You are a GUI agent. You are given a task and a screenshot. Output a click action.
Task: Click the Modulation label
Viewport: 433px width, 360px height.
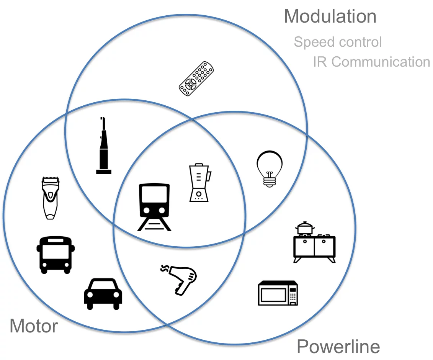330,16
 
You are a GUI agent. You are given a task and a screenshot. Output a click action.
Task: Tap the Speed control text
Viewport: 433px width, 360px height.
338,42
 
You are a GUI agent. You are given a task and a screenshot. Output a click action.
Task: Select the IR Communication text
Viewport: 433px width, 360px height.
371,62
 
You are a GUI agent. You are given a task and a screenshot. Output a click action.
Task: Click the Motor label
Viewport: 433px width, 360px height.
34,326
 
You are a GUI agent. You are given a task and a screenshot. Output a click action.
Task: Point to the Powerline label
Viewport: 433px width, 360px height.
338,347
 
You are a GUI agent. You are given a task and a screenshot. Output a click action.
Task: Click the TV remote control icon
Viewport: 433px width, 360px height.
196,79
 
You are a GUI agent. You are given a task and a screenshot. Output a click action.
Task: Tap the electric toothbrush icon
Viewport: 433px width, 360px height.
103,147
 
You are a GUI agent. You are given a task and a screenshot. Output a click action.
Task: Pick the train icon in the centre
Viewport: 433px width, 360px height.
154,205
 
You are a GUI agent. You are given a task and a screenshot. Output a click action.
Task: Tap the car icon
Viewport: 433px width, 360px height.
103,293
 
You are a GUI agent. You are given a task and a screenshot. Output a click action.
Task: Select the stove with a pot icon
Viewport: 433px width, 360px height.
314,244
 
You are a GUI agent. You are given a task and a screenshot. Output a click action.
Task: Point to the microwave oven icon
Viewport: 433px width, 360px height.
278,293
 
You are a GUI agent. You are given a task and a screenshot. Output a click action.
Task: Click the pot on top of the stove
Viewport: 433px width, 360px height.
305,228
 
